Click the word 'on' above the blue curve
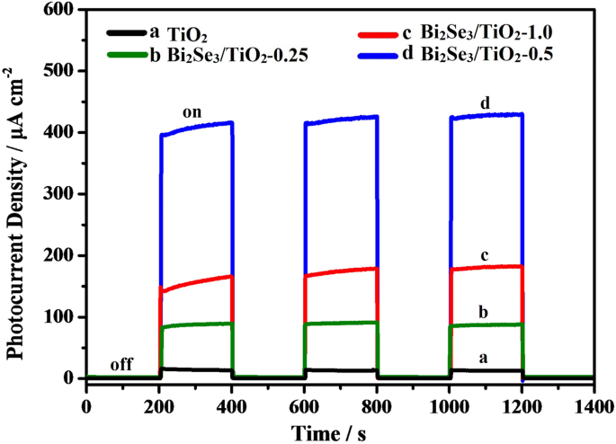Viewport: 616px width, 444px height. pos(191,112)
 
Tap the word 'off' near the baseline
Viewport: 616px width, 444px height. pos(121,366)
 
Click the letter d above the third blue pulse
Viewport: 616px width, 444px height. pos(485,103)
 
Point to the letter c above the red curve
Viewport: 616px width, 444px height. pos(485,256)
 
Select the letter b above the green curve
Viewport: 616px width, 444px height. pos(485,313)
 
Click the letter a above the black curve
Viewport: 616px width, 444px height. pos(485,357)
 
